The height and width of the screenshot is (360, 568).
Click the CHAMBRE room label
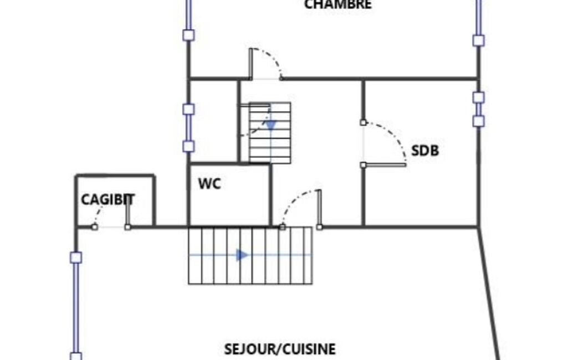[337, 5]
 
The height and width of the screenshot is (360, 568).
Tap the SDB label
[425, 151]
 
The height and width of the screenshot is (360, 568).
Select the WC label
[209, 184]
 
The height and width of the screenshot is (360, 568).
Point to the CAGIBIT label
[108, 199]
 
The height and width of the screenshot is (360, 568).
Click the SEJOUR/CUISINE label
[280, 349]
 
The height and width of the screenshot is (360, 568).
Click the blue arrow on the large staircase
[242, 255]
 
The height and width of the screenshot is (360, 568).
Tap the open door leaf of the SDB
[385, 165]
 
